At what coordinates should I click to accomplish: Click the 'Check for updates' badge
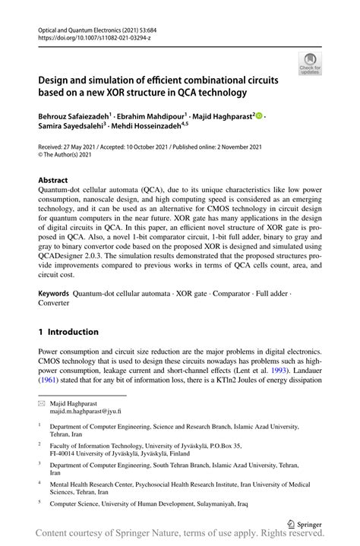309,64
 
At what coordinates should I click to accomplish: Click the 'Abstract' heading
55,181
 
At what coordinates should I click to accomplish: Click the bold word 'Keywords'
53,293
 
